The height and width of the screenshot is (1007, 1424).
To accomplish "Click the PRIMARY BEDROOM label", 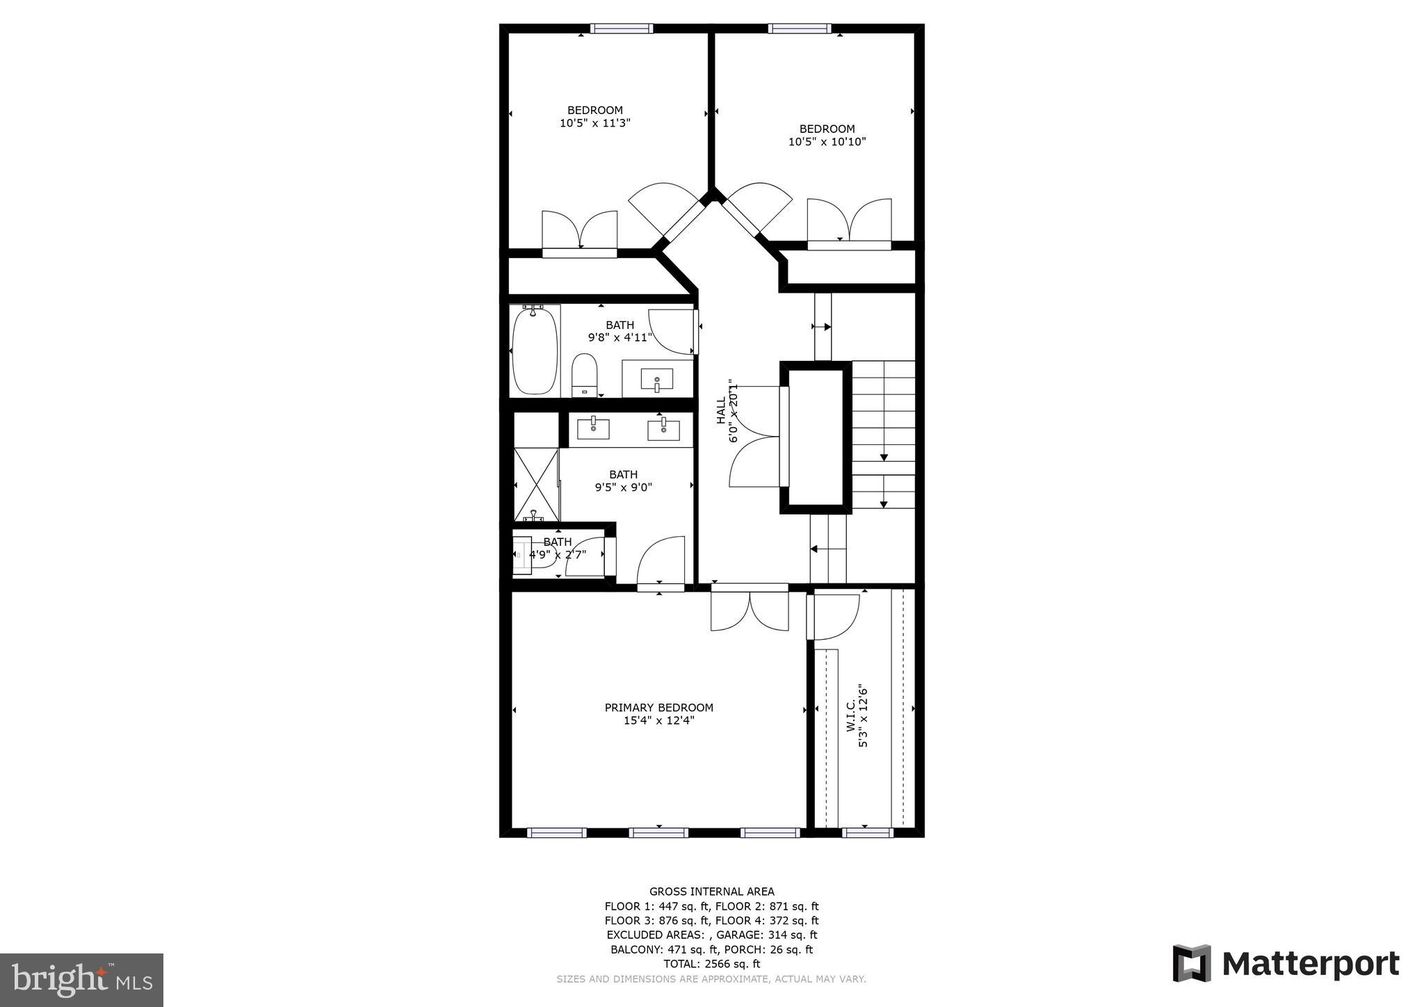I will pos(658,708).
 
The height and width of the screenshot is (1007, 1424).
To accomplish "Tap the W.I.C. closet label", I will pos(850,717).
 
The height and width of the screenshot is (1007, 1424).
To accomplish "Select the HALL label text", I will pos(721,410).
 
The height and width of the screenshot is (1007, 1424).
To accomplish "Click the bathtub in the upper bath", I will pos(535,351).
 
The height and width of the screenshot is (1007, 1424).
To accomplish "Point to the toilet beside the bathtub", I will pos(585,374).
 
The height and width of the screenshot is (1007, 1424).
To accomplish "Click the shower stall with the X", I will pos(536,484).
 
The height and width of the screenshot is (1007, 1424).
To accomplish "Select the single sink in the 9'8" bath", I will pos(656,380).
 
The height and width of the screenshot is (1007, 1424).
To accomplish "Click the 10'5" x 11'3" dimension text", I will pos(595,123).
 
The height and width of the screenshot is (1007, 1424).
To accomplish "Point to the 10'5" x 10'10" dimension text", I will pos(827,142).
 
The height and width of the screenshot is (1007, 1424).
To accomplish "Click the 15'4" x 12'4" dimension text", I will pos(658,721).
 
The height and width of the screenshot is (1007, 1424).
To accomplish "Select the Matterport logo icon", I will pos(1192,964).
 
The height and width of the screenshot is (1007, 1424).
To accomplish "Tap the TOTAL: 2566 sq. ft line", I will pos(711,964).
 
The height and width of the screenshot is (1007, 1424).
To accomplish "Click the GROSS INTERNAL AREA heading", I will pos(711,892).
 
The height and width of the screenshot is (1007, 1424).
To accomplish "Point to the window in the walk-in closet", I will pos(867,832).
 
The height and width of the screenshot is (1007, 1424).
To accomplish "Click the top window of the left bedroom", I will pos(622,29).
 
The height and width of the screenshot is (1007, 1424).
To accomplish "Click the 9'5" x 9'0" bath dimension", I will pos(623,488).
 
